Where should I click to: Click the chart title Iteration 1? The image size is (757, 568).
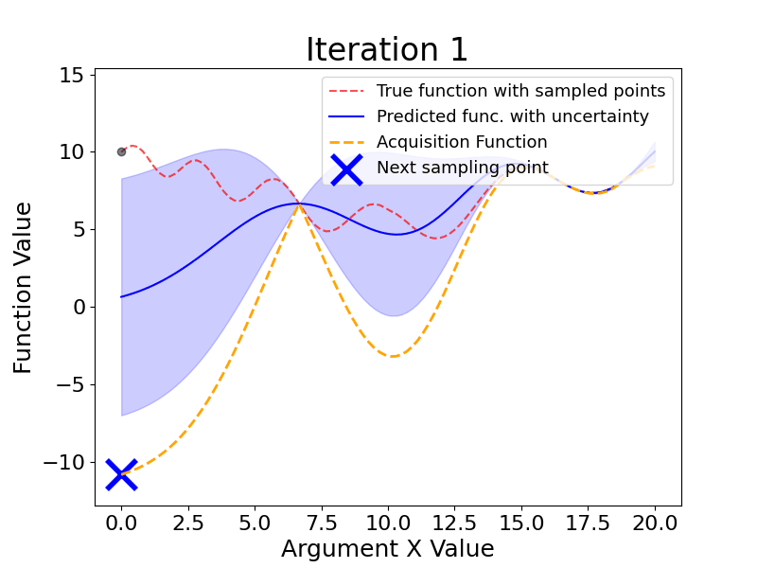tap(387, 50)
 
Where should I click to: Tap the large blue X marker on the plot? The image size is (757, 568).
tap(121, 474)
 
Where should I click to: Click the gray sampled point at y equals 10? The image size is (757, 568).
tap(121, 151)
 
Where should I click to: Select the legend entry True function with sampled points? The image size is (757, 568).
tap(520, 92)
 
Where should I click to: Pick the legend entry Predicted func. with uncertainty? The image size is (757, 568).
tap(512, 117)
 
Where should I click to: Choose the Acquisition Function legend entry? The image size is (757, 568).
tap(462, 143)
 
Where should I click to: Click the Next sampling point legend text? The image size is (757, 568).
tap(461, 169)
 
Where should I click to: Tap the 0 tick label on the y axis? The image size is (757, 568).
tap(79, 307)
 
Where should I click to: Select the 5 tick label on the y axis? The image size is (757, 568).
tap(79, 229)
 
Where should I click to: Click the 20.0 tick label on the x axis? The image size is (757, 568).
tap(655, 524)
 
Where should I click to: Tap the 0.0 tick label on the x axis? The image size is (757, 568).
tap(121, 524)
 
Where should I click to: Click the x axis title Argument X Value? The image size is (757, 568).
tap(387, 549)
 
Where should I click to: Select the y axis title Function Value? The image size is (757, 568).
tap(24, 287)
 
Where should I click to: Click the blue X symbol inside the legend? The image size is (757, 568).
tap(346, 169)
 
